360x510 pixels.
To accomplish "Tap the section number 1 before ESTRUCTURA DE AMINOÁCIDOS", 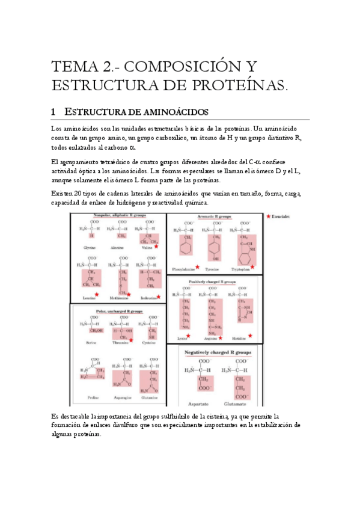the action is [x=53, y=112].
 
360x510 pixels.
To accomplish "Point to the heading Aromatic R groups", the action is [x=216, y=216].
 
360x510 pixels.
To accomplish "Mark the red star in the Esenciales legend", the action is [x=267, y=215].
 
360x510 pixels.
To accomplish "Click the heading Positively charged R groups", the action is [x=215, y=280].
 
